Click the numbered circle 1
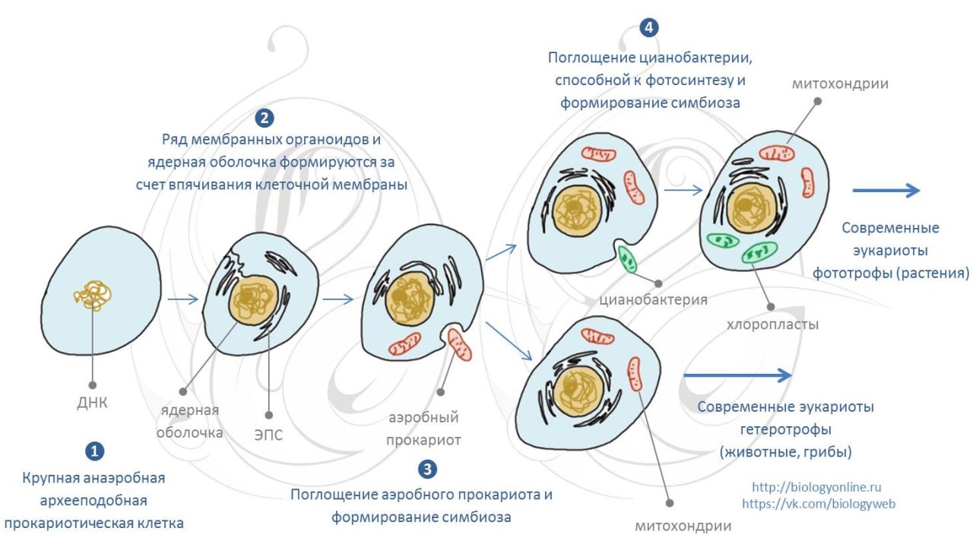(95, 451)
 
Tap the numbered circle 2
(265, 118)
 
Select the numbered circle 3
(427, 469)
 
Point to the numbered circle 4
(649, 28)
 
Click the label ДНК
(92, 403)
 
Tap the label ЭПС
(268, 435)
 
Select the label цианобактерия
(653, 299)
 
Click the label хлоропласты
(772, 324)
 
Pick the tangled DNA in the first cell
(93, 296)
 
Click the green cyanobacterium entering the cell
(627, 259)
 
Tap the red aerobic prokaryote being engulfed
(460, 345)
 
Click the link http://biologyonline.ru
(816, 487)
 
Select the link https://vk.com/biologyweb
(819, 504)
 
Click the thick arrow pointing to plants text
(886, 190)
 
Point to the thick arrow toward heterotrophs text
(737, 375)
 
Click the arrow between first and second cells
(183, 299)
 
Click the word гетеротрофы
(786, 429)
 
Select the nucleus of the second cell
(253, 299)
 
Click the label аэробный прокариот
(423, 429)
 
